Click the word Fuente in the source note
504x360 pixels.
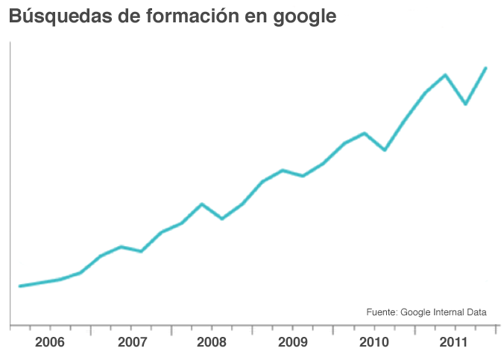[x=381, y=312]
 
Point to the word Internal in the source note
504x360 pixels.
[x=451, y=312]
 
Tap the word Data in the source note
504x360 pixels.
[x=477, y=312]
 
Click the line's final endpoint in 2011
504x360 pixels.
[x=486, y=68]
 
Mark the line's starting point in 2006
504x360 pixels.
[x=19, y=285]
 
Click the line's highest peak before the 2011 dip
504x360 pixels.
[x=445, y=75]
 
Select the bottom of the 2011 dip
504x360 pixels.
[x=465, y=104]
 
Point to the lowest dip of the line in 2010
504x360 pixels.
[x=384, y=150]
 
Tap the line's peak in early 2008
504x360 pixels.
[x=202, y=204]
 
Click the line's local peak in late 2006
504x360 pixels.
[x=121, y=247]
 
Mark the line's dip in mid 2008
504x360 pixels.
[x=222, y=218]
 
